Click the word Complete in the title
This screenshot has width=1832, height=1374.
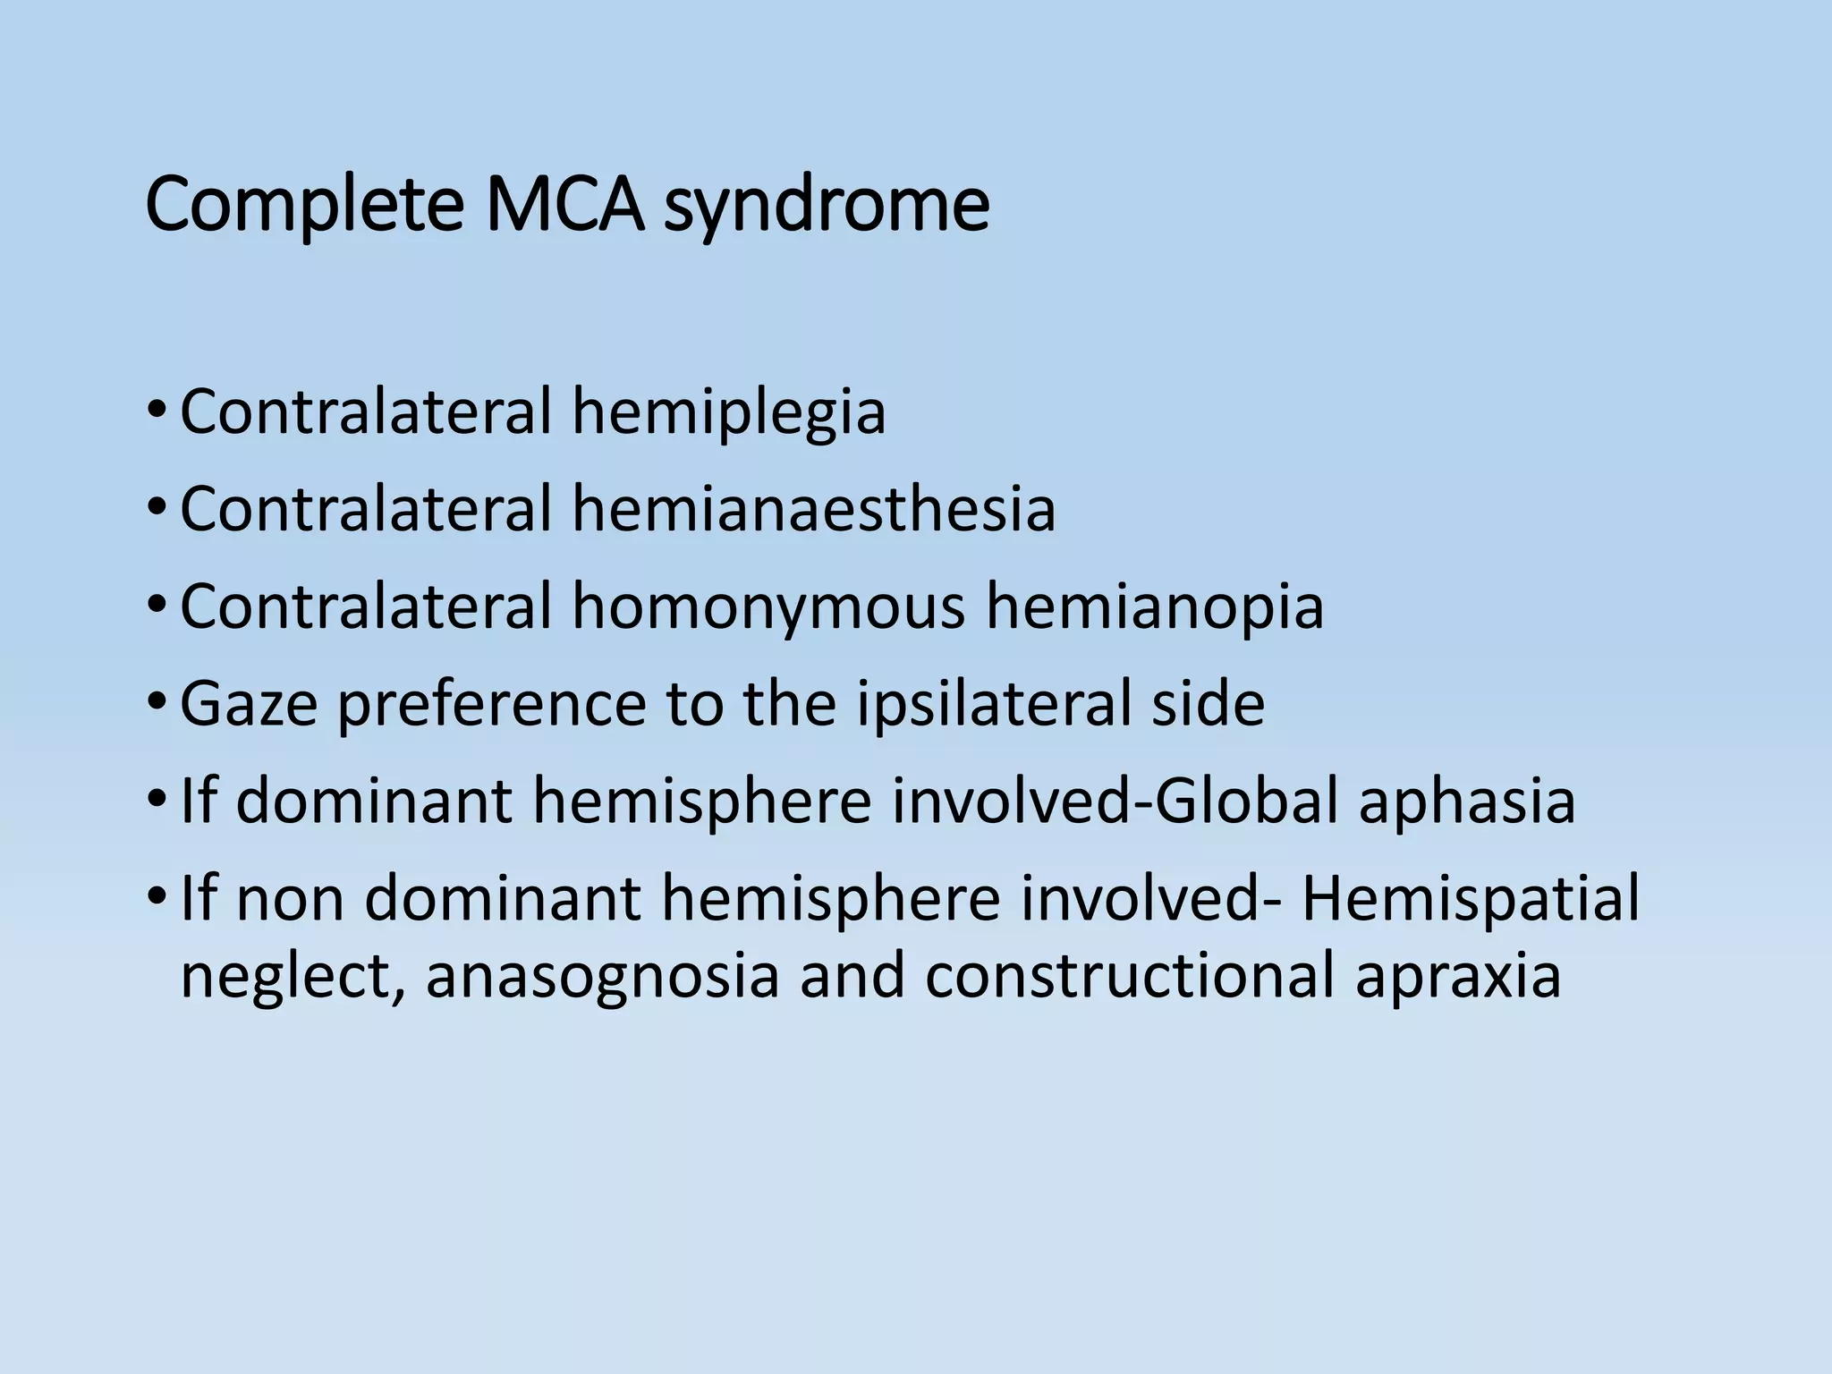pyautogui.click(x=303, y=208)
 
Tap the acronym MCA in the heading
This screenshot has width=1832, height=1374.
pyautogui.click(x=564, y=206)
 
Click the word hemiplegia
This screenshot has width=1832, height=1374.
pyautogui.click(x=729, y=413)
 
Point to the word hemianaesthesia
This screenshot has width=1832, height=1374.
pyautogui.click(x=814, y=508)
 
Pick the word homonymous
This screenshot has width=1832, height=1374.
pyautogui.click(x=768, y=606)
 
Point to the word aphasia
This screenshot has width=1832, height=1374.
pyautogui.click(x=1467, y=801)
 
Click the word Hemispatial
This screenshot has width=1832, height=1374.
pyautogui.click(x=1471, y=898)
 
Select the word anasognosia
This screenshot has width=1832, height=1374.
pyautogui.click(x=602, y=975)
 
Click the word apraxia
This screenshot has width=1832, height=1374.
pyautogui.click(x=1458, y=975)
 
